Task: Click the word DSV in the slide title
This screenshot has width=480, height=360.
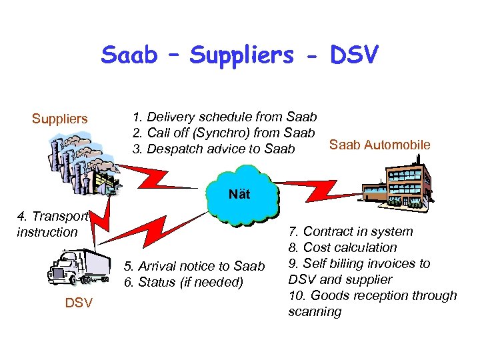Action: click(x=354, y=55)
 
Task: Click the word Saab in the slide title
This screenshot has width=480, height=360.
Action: click(x=129, y=55)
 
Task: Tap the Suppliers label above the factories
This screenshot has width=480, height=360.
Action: click(x=60, y=119)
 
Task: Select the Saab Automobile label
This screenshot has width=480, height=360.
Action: click(x=380, y=145)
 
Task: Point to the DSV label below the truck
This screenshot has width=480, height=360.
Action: click(x=79, y=303)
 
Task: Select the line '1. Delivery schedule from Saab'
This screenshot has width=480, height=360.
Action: click(x=225, y=117)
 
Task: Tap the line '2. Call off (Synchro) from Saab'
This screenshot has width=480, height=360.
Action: click(x=223, y=133)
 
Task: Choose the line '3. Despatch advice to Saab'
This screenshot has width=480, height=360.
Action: click(x=213, y=149)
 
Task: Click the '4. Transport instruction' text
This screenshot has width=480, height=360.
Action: click(x=52, y=224)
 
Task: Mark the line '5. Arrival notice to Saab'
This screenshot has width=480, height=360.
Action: click(x=195, y=267)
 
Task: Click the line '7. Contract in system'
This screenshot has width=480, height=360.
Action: click(x=351, y=232)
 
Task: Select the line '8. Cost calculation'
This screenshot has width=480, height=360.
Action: click(x=343, y=248)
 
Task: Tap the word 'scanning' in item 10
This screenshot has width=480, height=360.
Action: click(x=315, y=312)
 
